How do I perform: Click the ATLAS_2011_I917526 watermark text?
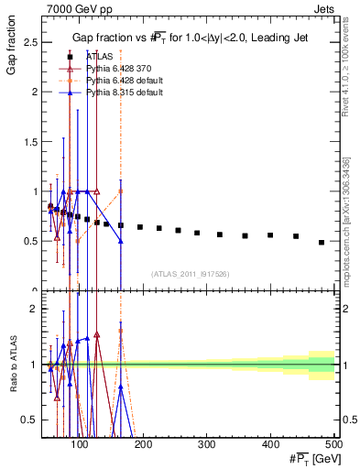point(190,273)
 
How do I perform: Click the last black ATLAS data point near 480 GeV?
point(322,242)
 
